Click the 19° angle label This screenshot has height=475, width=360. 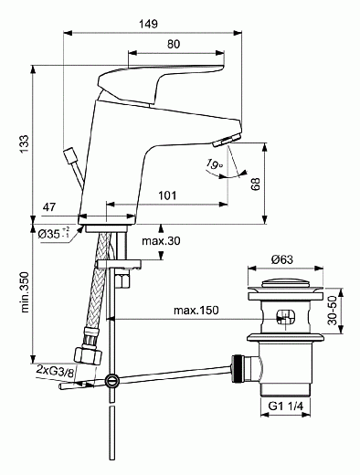coord(215,164)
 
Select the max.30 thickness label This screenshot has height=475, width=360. coord(162,241)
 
